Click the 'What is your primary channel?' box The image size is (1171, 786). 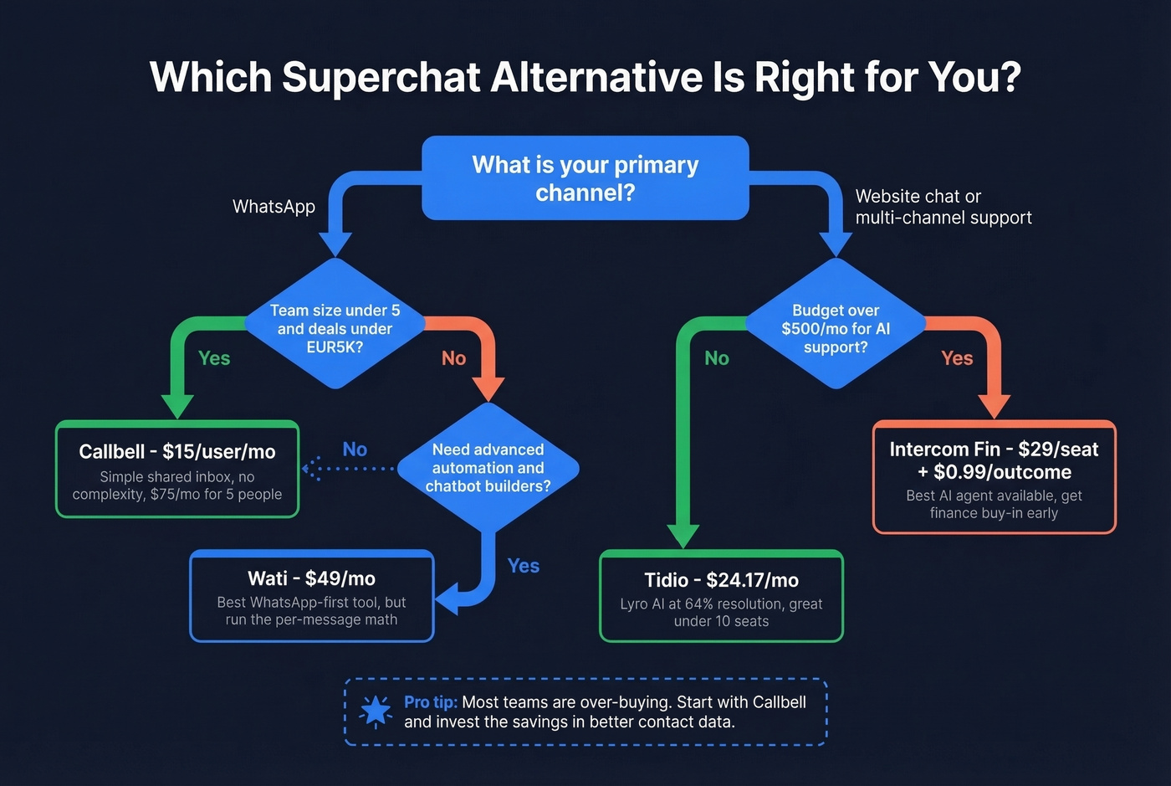pos(585,178)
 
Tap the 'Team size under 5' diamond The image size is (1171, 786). pos(335,328)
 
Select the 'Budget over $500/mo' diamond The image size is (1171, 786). pos(835,328)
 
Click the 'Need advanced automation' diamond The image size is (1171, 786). pos(488,468)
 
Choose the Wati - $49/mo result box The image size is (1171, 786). pos(311,597)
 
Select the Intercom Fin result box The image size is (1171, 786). pos(994,478)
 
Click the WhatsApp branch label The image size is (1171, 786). pos(274,207)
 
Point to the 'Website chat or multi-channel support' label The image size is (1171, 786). pos(943,207)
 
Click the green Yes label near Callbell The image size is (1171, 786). pos(214,358)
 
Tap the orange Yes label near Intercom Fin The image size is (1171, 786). pos(957,358)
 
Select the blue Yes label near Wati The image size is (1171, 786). pos(524,566)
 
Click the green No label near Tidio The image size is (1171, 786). pos(717,358)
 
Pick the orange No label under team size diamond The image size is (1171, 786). pos(453,358)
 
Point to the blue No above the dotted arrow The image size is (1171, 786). pos(355,450)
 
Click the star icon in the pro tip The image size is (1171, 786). pos(376,712)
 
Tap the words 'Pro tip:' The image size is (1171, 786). pos(430,702)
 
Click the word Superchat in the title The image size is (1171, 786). pos(381,77)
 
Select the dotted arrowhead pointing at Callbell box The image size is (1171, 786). pos(309,469)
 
